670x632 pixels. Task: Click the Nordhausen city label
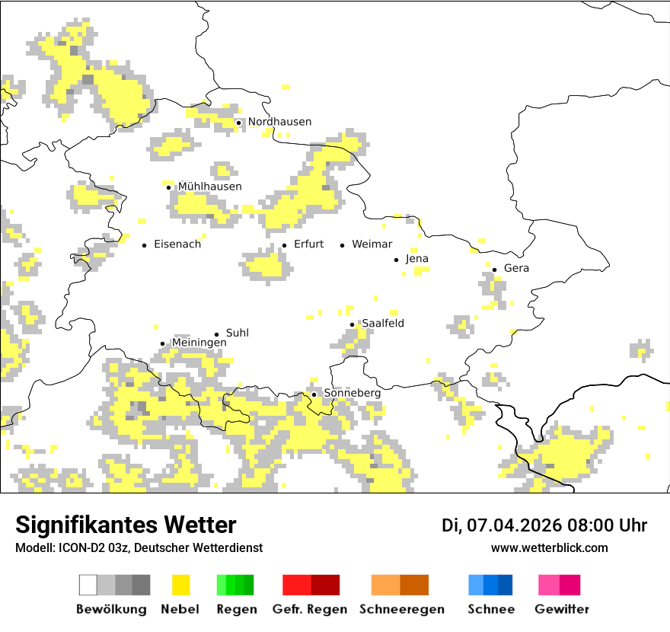click(279, 122)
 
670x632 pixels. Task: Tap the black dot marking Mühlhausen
click(169, 187)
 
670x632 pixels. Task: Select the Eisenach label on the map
click(177, 244)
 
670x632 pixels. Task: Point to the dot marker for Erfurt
click(285, 245)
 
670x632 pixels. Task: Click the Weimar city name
click(372, 244)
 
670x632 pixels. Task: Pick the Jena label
click(417, 259)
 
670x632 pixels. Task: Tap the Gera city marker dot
click(495, 269)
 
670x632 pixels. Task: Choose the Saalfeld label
click(383, 324)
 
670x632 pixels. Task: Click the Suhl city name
click(238, 334)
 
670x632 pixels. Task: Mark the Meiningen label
click(199, 343)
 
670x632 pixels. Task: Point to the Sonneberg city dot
click(314, 394)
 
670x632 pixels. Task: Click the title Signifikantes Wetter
click(126, 525)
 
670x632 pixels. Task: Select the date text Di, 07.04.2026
click(502, 525)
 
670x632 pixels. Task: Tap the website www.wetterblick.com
click(549, 547)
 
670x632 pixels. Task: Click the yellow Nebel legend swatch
click(180, 585)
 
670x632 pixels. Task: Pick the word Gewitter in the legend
click(562, 609)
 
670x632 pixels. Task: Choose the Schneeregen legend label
click(402, 609)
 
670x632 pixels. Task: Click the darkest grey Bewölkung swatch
click(141, 585)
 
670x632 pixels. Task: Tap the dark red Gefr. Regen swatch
click(325, 585)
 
